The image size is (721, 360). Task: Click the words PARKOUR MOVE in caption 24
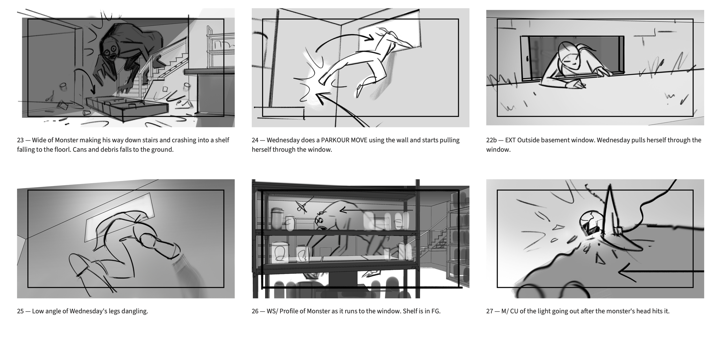point(344,140)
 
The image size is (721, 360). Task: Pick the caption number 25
point(20,311)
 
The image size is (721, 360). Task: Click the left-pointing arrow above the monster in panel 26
point(376,210)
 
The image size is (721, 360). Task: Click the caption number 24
point(255,140)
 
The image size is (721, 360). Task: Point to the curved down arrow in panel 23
point(85,81)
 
